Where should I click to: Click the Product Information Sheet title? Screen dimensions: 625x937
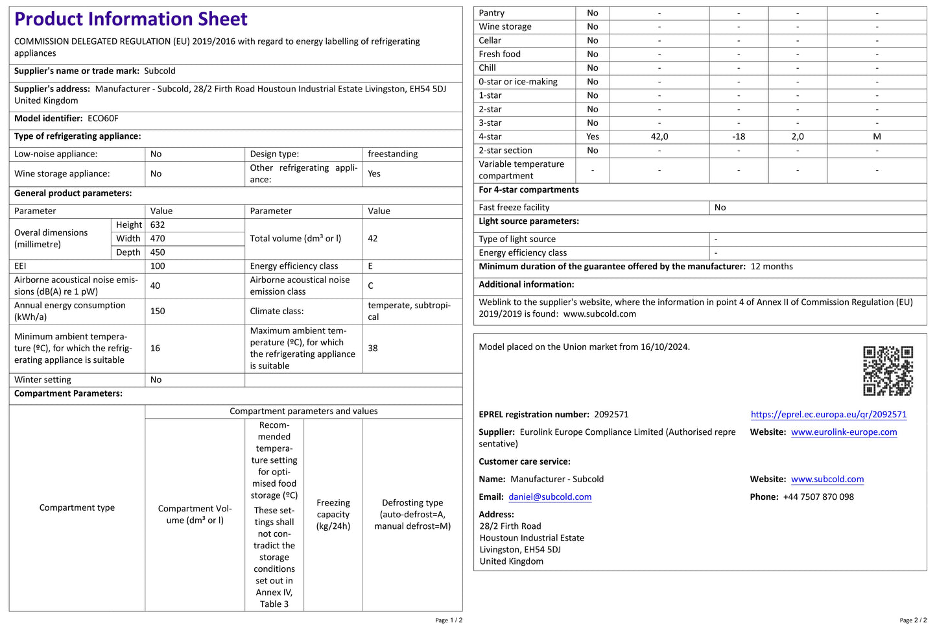tap(130, 19)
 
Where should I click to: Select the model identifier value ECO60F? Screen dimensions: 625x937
tap(103, 119)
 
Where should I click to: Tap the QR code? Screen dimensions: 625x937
tap(888, 371)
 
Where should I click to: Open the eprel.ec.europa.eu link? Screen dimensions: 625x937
tap(828, 415)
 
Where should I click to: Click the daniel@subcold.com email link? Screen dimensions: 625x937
tap(550, 497)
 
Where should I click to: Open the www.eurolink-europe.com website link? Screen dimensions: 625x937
tap(844, 432)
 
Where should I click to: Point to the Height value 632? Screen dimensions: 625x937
tap(158, 225)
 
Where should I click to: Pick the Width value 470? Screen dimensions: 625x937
tap(158, 239)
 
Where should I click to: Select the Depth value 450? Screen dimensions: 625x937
tap(158, 252)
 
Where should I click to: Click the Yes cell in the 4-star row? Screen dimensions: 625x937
tap(593, 137)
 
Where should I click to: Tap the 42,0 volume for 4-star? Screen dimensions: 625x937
tap(659, 137)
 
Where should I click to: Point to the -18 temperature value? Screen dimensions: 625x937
tap(739, 137)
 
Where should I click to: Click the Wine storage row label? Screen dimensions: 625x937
tap(505, 27)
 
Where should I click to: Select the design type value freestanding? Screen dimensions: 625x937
tap(392, 154)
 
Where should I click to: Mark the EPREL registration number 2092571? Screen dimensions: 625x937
tap(611, 415)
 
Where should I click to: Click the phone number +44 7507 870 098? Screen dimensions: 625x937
tap(818, 497)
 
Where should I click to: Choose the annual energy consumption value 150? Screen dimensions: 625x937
tap(158, 312)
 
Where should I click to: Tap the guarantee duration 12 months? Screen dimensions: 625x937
tap(772, 267)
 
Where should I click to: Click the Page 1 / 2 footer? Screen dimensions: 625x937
tap(449, 620)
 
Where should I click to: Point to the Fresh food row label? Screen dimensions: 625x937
tap(499, 55)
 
